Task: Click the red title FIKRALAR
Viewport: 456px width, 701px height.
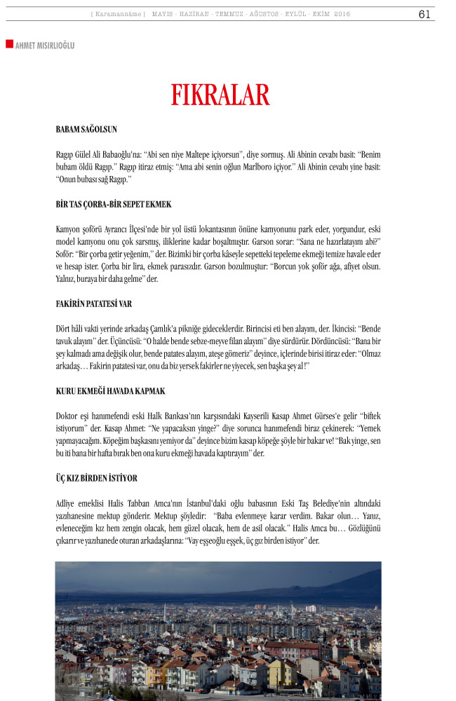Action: coord(220,95)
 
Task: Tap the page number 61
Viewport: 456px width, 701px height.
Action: coord(424,14)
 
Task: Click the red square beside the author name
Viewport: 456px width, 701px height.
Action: coord(9,44)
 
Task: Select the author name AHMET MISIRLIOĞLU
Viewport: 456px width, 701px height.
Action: coord(44,46)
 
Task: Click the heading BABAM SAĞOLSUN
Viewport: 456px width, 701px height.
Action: coord(86,129)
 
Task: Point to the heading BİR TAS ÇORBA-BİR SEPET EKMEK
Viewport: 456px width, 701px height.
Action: coord(114,204)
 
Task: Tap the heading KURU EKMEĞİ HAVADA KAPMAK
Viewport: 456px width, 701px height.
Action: coord(110,390)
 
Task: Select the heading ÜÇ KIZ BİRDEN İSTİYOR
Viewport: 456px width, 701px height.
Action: coord(97,477)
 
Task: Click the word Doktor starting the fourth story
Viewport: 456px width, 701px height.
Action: coord(68,416)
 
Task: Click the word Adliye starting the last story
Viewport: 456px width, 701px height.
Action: coord(67,503)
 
